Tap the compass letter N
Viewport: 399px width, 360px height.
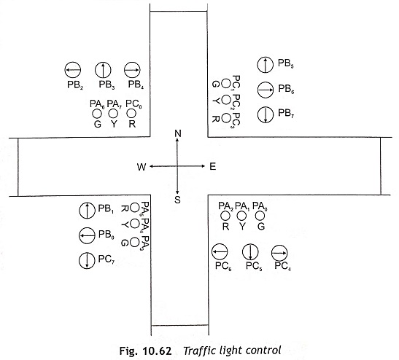[178, 133]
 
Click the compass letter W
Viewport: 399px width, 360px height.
[142, 167]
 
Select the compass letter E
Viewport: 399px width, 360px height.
[213, 167]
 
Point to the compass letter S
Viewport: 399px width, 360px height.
[177, 200]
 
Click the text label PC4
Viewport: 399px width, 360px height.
[283, 266]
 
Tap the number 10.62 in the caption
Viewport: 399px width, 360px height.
[157, 351]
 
